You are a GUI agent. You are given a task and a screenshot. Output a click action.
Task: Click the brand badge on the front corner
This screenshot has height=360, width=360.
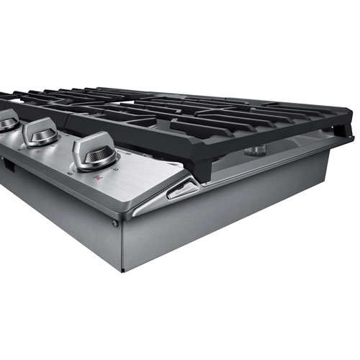click(180, 190)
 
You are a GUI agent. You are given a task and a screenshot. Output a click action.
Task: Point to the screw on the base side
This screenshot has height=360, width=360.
click(114, 224)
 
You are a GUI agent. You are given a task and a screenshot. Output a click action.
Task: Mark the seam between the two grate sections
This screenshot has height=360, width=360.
click(144, 119)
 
